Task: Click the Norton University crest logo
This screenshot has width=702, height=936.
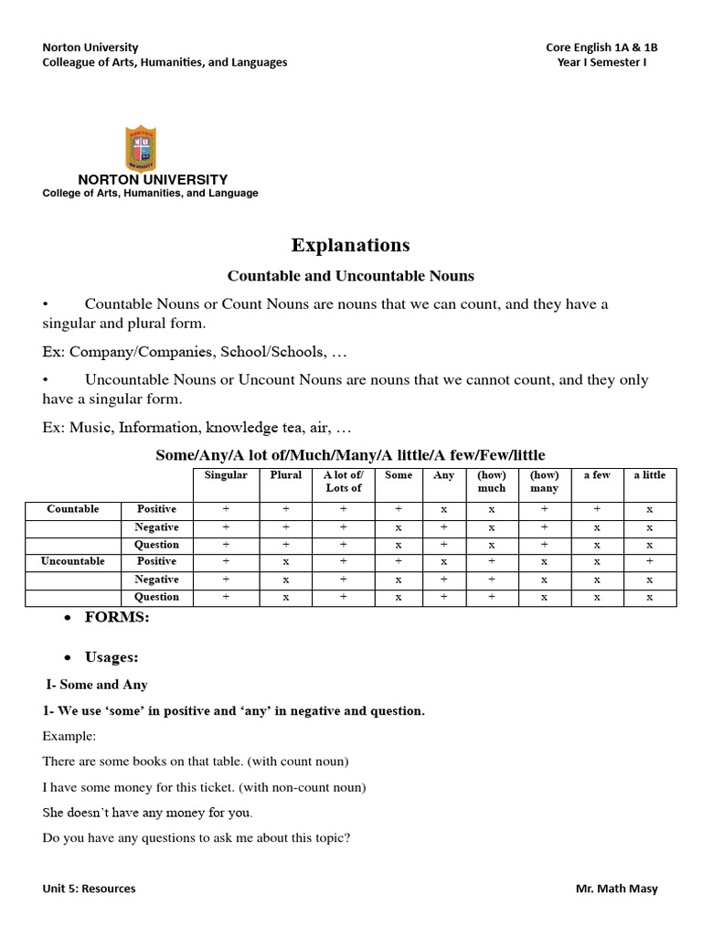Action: pyautogui.click(x=140, y=148)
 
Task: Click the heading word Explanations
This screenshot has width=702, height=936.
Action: pyautogui.click(x=350, y=245)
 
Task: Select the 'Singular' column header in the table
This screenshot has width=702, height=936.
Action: pyautogui.click(x=226, y=475)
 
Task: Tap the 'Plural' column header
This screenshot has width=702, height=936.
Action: pyautogui.click(x=286, y=475)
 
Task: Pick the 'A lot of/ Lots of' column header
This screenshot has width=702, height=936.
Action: pyautogui.click(x=344, y=482)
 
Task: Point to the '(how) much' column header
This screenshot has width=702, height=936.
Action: pyautogui.click(x=492, y=482)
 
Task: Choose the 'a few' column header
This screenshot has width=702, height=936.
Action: pyautogui.click(x=597, y=475)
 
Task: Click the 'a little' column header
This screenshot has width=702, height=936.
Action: pyautogui.click(x=650, y=475)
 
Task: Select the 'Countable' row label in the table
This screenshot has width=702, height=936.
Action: pyautogui.click(x=73, y=509)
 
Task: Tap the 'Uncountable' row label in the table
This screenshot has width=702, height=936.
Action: pyautogui.click(x=73, y=561)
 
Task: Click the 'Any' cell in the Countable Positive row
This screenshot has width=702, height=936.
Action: pyautogui.click(x=443, y=509)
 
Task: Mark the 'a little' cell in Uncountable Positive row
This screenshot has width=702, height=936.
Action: pyautogui.click(x=650, y=561)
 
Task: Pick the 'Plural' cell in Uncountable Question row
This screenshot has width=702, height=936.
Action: pyautogui.click(x=286, y=597)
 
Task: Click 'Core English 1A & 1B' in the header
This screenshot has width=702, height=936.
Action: pyautogui.click(x=601, y=48)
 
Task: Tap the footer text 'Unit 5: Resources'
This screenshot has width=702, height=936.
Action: pyautogui.click(x=89, y=888)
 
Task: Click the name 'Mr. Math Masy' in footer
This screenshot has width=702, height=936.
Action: pyautogui.click(x=616, y=888)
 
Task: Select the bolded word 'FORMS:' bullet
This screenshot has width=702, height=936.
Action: pyautogui.click(x=117, y=617)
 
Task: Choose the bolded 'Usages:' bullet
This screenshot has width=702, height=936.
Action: pyautogui.click(x=112, y=657)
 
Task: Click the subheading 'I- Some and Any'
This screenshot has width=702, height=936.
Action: pyautogui.click(x=97, y=685)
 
